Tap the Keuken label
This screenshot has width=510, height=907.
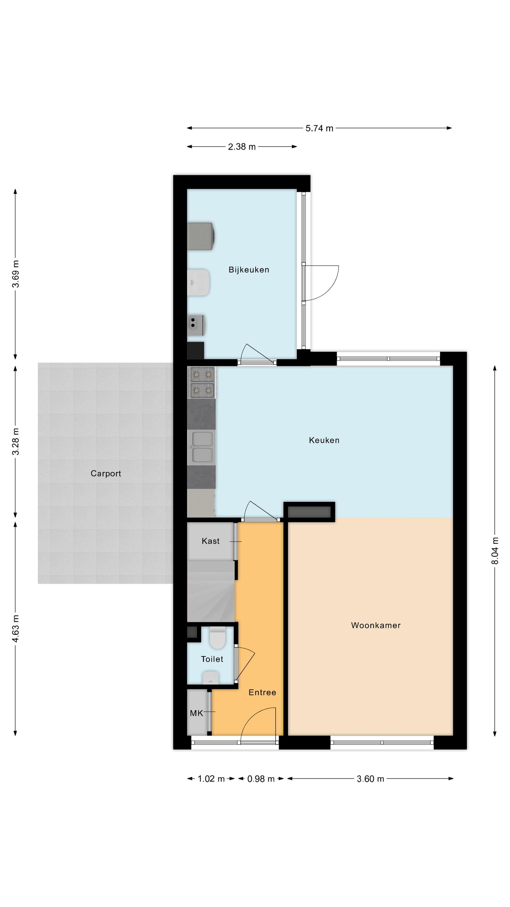[324, 440]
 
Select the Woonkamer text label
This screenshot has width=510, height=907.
[376, 625]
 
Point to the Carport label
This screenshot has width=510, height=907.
[105, 473]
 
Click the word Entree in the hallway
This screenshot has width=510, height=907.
[262, 693]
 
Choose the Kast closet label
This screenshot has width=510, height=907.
[211, 541]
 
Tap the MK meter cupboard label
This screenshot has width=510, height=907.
[196, 713]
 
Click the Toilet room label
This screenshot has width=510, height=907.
[212, 659]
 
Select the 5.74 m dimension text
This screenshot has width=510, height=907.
[319, 128]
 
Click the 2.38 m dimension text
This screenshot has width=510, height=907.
[242, 147]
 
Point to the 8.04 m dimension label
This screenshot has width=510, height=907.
[495, 551]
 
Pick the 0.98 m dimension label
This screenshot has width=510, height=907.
[261, 779]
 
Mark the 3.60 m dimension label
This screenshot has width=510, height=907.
[370, 779]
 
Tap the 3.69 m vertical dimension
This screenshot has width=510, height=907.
[15, 274]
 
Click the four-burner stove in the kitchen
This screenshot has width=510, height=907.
[202, 382]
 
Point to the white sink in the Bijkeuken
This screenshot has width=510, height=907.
[199, 282]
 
